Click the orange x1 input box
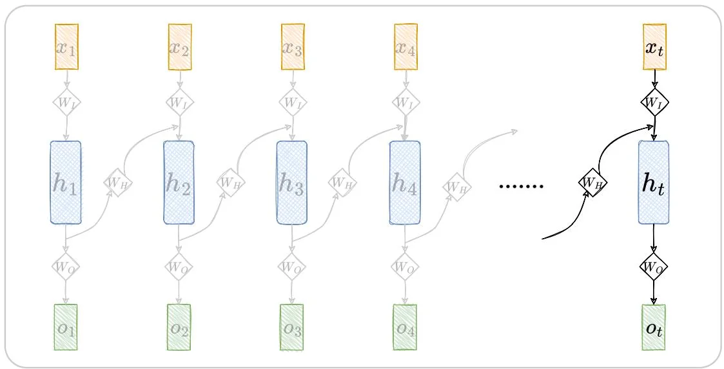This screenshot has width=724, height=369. click(x=67, y=47)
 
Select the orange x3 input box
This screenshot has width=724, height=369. click(x=293, y=47)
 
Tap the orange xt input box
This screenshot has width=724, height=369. click(x=654, y=47)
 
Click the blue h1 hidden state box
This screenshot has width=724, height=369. click(x=66, y=183)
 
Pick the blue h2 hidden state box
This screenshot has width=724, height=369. click(x=179, y=183)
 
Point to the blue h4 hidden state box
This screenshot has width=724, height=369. click(x=405, y=183)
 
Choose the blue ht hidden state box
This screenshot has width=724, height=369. click(x=654, y=183)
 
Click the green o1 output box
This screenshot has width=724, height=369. click(x=66, y=327)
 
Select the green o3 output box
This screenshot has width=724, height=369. click(x=292, y=327)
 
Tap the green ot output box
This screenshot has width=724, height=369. click(x=654, y=327)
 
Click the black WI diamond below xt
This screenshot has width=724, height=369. click(x=654, y=102)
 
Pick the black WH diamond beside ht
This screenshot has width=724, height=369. click(x=592, y=182)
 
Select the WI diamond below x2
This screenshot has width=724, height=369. click(x=180, y=102)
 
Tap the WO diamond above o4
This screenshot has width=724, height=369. click(x=405, y=265)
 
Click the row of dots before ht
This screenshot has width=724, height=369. click(x=522, y=186)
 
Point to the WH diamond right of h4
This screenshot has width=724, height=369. click(x=456, y=186)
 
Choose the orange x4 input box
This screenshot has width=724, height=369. click(x=406, y=47)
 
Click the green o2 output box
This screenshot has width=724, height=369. click(x=179, y=327)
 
